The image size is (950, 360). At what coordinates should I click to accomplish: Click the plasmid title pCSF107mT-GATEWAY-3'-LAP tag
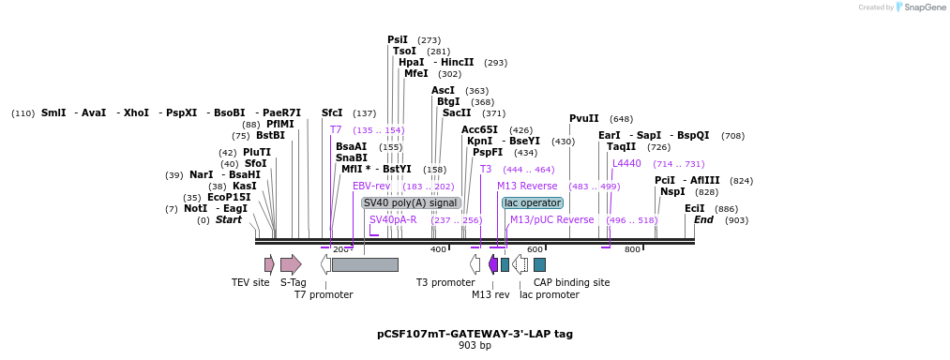475,333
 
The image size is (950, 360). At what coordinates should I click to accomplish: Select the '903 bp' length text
475,345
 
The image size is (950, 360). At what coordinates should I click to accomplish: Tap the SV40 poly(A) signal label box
411,202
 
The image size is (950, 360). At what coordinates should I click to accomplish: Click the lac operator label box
533,202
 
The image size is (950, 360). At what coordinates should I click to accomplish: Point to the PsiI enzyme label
398,39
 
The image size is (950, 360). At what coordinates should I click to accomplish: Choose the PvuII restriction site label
583,118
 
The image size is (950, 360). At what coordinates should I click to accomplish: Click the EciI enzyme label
694,208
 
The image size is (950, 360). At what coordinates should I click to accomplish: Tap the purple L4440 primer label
626,163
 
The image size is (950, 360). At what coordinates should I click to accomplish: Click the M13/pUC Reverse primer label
551,219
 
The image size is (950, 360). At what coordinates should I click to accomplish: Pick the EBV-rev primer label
371,186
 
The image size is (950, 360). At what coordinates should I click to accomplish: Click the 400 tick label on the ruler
438,249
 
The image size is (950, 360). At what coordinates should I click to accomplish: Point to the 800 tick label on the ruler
632,249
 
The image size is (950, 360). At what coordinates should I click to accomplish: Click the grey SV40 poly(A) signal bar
365,264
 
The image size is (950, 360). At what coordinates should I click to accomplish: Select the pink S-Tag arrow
291,264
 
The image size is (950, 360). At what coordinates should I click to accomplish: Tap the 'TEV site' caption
250,282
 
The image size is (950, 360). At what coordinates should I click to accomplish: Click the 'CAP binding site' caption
571,282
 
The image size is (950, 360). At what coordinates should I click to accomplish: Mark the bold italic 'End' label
704,219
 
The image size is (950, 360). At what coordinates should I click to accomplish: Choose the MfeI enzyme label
415,73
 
